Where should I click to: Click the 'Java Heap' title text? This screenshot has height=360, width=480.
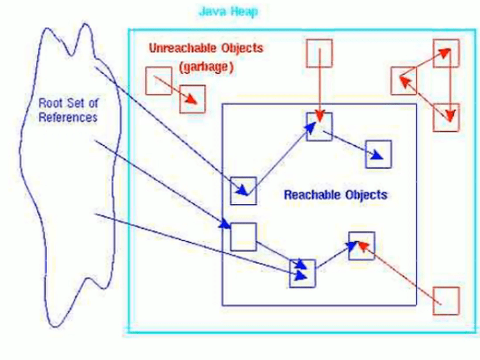click(229, 12)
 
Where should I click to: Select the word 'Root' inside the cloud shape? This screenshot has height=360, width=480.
click(50, 103)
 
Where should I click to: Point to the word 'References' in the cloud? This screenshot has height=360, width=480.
click(68, 117)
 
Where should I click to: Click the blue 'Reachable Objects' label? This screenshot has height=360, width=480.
click(335, 195)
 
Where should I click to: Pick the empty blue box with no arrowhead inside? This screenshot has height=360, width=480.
click(243, 237)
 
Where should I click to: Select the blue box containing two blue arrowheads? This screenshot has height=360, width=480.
click(303, 273)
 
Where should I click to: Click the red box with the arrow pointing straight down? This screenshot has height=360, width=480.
click(319, 53)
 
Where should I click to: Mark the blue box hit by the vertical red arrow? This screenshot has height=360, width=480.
click(320, 126)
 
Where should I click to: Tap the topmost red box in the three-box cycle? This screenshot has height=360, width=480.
click(446, 53)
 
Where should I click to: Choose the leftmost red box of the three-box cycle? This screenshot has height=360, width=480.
click(403, 82)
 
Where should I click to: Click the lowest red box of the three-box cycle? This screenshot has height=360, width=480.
click(445, 117)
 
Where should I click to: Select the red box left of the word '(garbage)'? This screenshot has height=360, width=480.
click(159, 81)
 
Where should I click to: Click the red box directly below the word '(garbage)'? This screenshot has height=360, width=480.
click(193, 99)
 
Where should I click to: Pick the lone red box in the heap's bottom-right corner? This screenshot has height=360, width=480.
click(446, 301)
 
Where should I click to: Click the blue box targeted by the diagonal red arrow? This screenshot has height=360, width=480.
click(362, 246)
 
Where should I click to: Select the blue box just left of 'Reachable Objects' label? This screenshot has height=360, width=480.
click(243, 190)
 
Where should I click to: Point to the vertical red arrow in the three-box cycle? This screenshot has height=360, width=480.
click(450, 85)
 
